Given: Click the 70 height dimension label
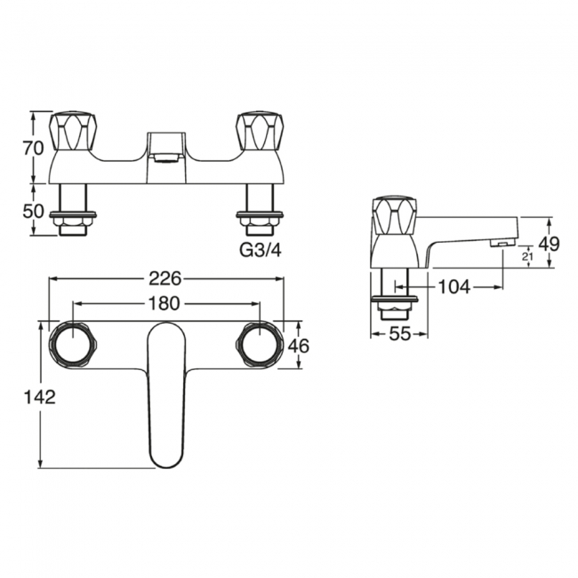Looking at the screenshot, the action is coord(33,148).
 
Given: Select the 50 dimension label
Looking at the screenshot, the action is coord(33,212).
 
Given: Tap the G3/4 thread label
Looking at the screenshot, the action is coord(261,250).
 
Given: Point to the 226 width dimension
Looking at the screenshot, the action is coord(165,278).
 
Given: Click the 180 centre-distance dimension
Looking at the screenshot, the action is coord(164,303).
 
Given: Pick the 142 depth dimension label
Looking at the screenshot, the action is coord(39,397).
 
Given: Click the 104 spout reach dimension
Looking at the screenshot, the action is coord(454,286).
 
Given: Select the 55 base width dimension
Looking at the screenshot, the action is coord(399,334).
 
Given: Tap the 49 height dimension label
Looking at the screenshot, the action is coord(549,244).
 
